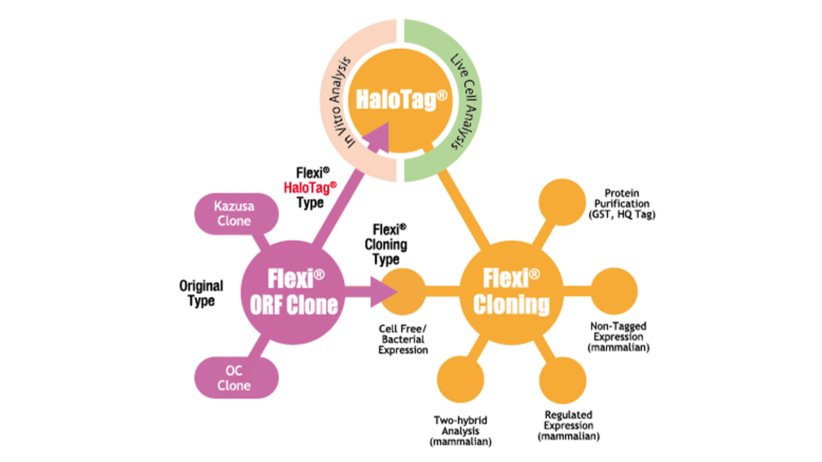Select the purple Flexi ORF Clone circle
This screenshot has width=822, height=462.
tap(293, 292)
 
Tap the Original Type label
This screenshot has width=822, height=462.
tap(201, 293)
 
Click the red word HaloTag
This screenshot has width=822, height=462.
tap(310, 187)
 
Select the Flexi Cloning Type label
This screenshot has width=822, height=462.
tap(386, 244)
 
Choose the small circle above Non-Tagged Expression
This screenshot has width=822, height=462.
tap(614, 291)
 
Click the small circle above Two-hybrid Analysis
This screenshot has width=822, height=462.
tap(460, 379)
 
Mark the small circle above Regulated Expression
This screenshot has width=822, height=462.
tap(563, 380)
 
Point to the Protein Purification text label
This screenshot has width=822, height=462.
tap(622, 204)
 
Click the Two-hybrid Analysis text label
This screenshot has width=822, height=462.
tap(460, 431)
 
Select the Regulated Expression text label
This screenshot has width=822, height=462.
tap(568, 426)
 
